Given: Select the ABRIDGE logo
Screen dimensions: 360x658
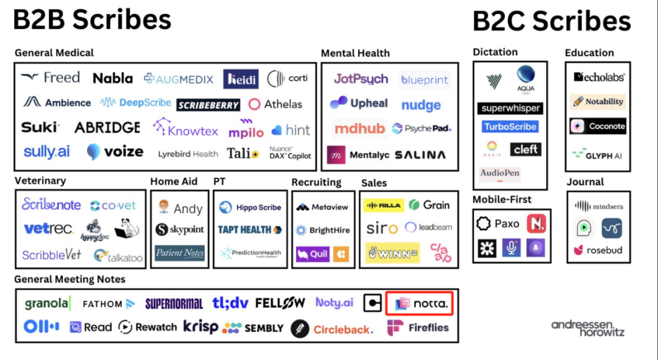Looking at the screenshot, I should (x=107, y=128).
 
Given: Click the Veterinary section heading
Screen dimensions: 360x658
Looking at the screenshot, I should (x=40, y=181).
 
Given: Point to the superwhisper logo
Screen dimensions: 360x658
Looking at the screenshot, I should (x=510, y=108).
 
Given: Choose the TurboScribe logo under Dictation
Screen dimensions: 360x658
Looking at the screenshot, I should (x=510, y=127).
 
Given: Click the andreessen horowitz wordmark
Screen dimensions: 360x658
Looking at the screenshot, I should (x=588, y=328).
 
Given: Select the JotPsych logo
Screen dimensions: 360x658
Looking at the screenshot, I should (x=361, y=79).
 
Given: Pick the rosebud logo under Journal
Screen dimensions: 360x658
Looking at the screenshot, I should (x=598, y=250).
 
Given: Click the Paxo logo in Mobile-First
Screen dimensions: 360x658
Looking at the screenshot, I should (x=498, y=224).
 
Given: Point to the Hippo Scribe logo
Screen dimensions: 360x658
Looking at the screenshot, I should (x=250, y=208).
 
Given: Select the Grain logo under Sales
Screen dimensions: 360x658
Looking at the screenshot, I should (x=429, y=205).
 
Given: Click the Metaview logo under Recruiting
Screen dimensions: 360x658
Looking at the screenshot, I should (x=322, y=207).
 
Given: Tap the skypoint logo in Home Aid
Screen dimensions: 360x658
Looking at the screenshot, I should (x=180, y=230).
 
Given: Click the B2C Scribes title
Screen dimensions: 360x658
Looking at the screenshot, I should (x=551, y=21).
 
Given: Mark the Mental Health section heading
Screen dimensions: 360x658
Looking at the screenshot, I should (x=355, y=53).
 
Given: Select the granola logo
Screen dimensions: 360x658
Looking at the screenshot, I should (x=48, y=303).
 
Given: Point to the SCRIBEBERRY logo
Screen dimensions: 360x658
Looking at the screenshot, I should (x=208, y=105).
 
